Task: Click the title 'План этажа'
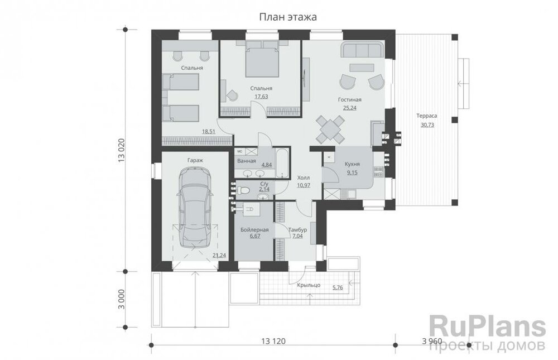(287, 17)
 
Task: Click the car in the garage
(194, 208)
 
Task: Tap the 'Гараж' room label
(195, 161)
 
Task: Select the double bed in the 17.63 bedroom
(262, 60)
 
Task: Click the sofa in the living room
(362, 50)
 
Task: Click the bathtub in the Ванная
(282, 164)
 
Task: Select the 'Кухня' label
(352, 164)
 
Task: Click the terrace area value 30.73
(427, 125)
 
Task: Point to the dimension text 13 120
(273, 342)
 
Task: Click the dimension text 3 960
(432, 342)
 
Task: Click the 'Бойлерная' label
(254, 230)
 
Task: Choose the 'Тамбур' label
(297, 230)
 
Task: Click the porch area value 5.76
(338, 287)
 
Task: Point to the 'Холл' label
(304, 177)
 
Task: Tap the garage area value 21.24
(219, 255)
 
